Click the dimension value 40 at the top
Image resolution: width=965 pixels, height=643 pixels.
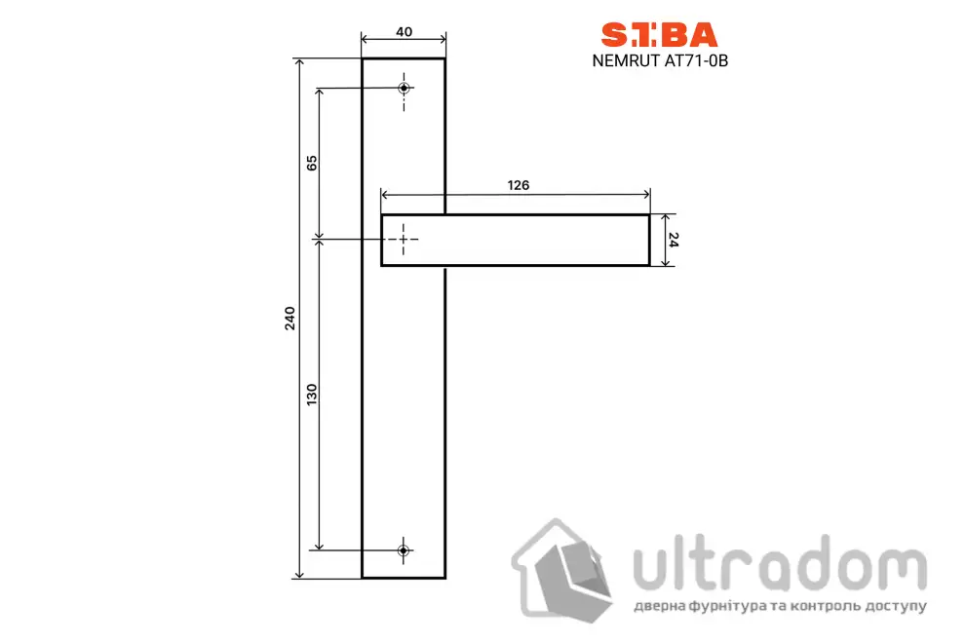pos(404,32)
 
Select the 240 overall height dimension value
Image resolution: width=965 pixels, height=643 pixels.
pos(289,319)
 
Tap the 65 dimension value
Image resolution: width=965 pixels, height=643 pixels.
pos(312,163)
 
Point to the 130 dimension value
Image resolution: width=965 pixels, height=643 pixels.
pos(312,395)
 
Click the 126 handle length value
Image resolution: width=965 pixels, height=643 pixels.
pos(519,185)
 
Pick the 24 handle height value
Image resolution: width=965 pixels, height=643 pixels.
pos(674,240)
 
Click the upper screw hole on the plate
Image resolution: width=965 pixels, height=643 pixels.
pos(404,88)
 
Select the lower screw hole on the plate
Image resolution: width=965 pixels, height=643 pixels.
pos(404,550)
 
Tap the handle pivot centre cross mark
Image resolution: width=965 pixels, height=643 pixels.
pos(404,239)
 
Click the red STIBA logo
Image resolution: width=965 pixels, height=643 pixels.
pos(659,35)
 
